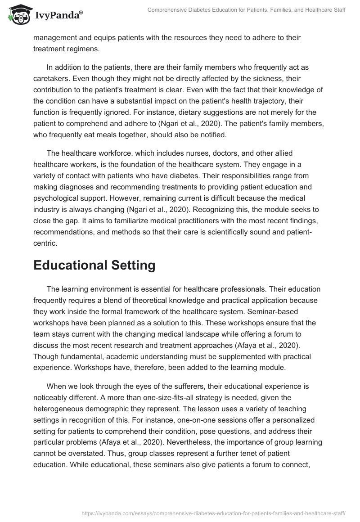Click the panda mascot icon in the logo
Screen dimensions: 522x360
(18, 15)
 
